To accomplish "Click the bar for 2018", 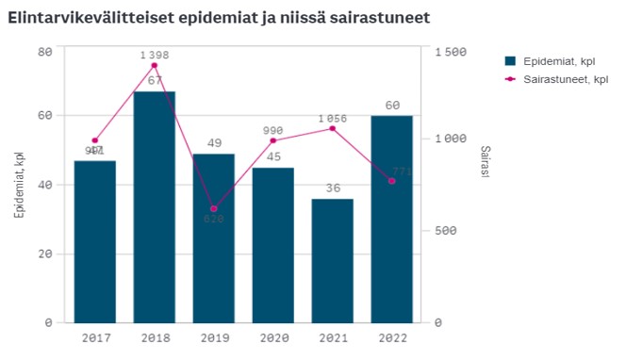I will pos(155,207).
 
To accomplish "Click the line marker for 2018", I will pos(155,65).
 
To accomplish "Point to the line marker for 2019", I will pos(214,208).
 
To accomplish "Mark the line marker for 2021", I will pos(333,128).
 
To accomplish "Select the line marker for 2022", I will pos(392,181).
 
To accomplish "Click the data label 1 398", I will pos(155,55).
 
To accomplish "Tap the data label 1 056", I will pos(333,118).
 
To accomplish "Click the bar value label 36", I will pos(333,188).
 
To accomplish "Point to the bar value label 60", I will pos(392,105).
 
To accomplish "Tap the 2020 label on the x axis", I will pos(273,336).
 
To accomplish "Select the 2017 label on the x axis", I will pos(95,336).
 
